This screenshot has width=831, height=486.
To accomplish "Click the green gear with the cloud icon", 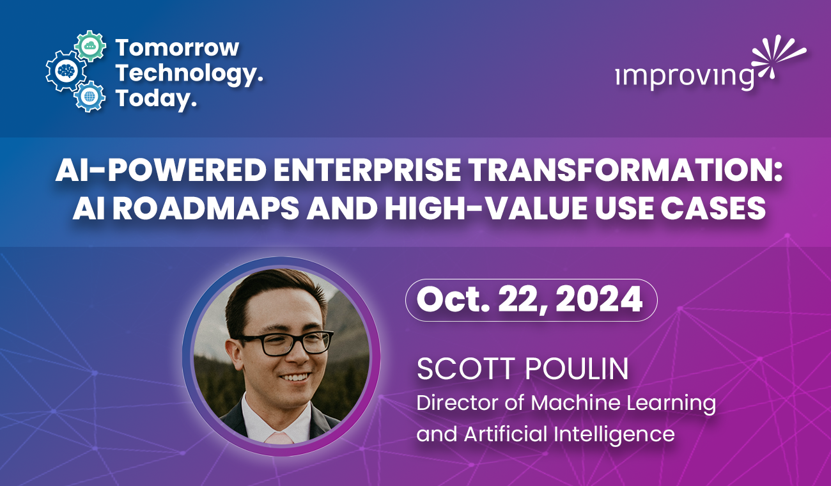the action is [90, 46].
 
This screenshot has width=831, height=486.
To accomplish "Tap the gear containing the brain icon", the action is [66, 70].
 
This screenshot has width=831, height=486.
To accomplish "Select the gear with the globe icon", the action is [89, 97].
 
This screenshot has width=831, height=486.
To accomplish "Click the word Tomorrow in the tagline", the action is [177, 48].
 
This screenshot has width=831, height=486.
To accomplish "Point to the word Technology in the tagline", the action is [187, 73].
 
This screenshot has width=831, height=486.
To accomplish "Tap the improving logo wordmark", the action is [685, 78].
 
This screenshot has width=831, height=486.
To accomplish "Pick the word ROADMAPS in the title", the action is [206, 208].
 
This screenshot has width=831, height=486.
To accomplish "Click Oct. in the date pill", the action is [455, 299].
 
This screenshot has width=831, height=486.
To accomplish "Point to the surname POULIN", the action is [577, 369].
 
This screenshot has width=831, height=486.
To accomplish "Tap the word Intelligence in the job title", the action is [614, 435].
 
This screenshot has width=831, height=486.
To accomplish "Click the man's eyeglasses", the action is [286, 343].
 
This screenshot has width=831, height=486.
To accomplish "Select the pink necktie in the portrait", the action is [279, 438].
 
